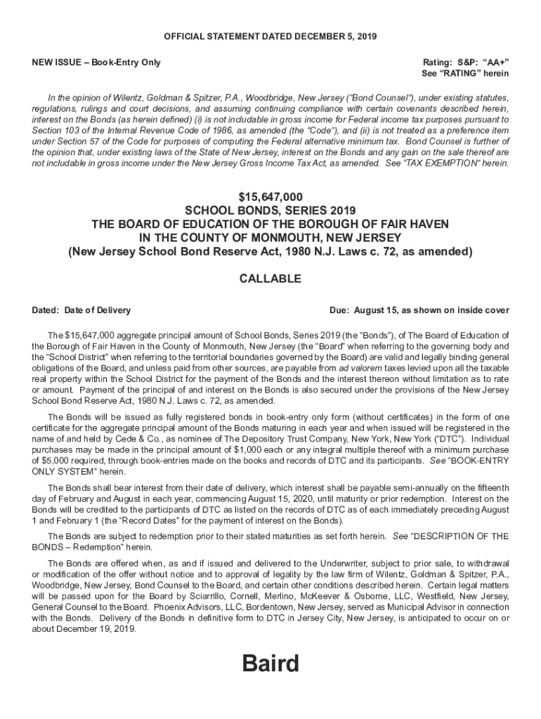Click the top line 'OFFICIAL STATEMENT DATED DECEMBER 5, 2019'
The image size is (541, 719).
tap(270, 36)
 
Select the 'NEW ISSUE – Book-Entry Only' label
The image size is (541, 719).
tap(96, 62)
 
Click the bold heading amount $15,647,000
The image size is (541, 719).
tap(270, 197)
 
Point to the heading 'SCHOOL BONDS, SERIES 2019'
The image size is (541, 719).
tap(270, 211)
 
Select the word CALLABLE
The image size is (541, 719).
tap(270, 279)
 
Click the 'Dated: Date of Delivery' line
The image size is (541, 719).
tap(82, 310)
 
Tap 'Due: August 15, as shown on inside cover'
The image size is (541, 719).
tap(419, 310)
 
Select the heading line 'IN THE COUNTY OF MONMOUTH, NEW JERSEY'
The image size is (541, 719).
tap(270, 237)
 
